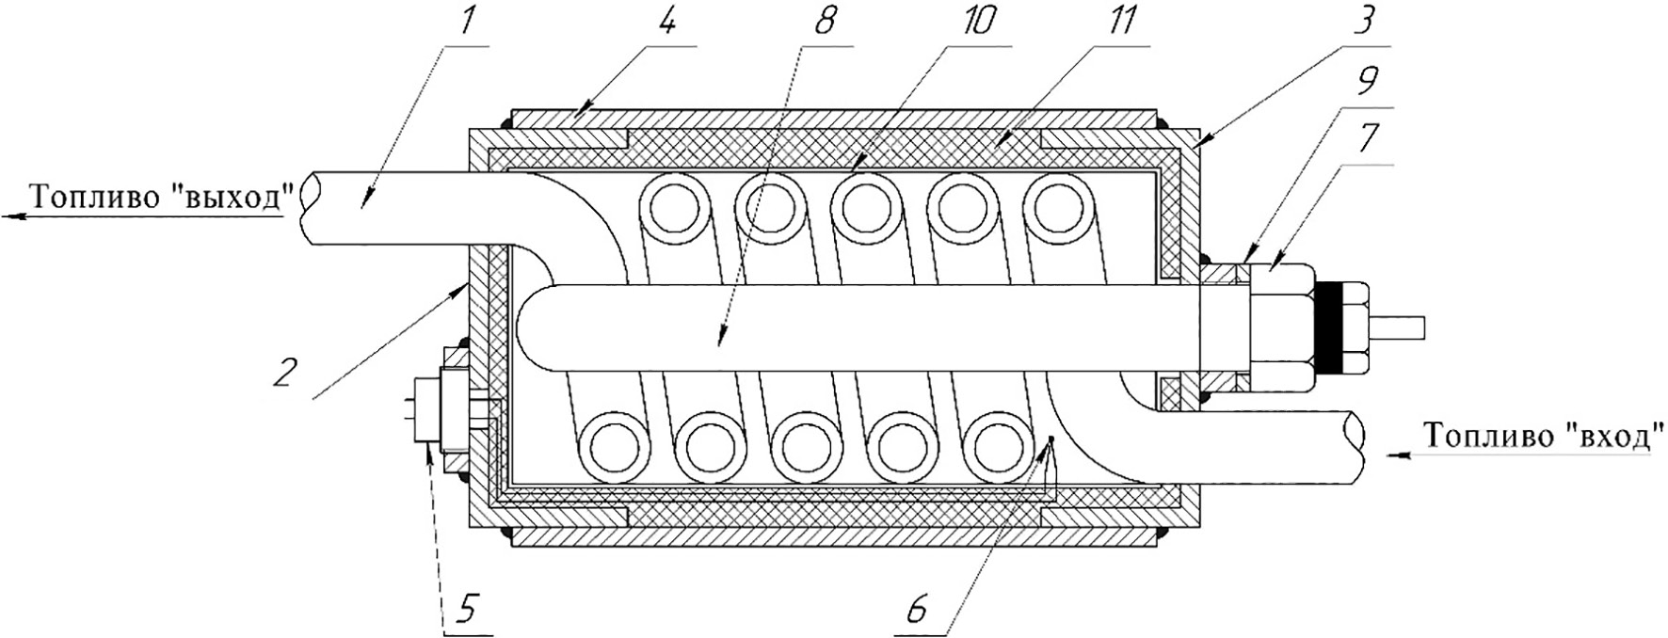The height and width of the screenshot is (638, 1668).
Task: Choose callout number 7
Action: pyautogui.click(x=1369, y=141)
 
